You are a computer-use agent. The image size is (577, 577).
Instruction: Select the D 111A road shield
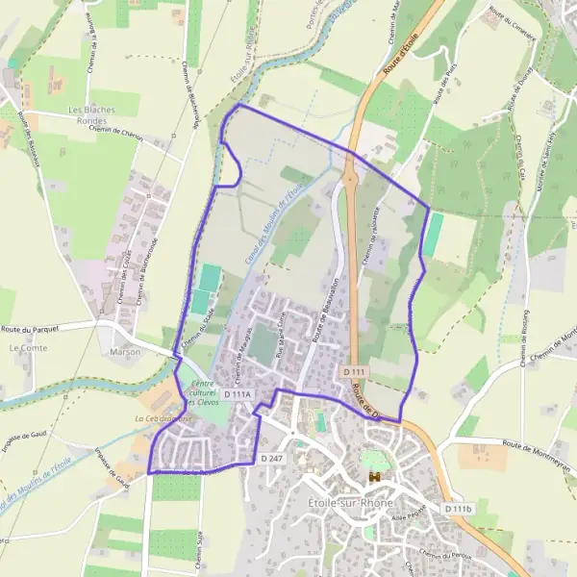[x=237, y=394]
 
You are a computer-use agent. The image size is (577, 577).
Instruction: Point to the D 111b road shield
[x=459, y=508]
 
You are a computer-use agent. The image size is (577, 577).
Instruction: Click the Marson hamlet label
[x=125, y=352]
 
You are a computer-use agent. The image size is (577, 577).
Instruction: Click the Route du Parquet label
[x=34, y=329]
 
